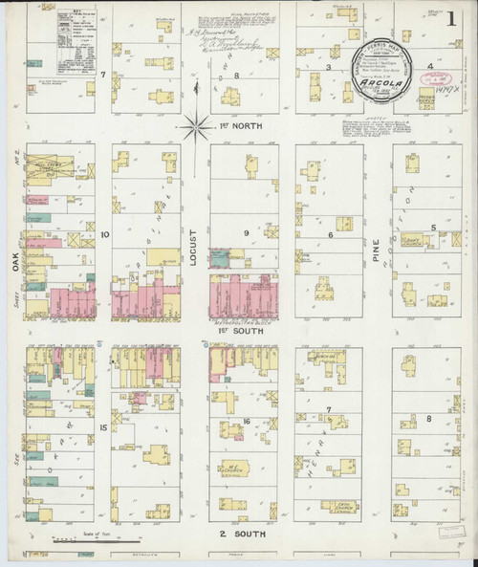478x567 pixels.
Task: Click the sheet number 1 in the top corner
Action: [449, 17]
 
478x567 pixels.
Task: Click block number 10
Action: [104, 232]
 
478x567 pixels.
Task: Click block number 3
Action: [328, 68]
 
